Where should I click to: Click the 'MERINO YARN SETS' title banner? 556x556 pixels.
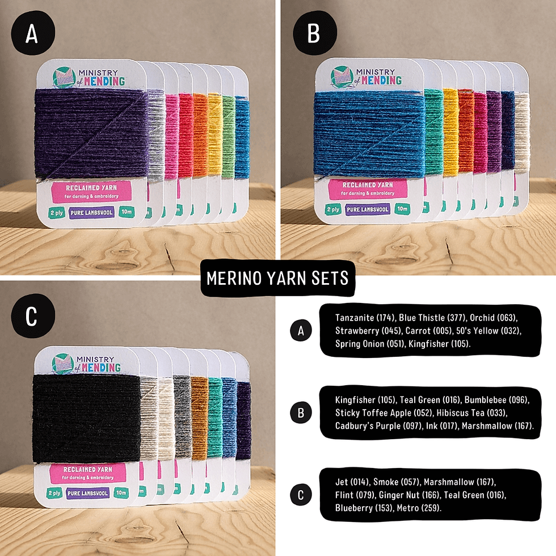click(277, 279)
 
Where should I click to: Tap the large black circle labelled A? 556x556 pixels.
click(32, 35)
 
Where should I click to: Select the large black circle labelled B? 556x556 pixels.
click(313, 35)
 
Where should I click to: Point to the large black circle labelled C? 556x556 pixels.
click(32, 317)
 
